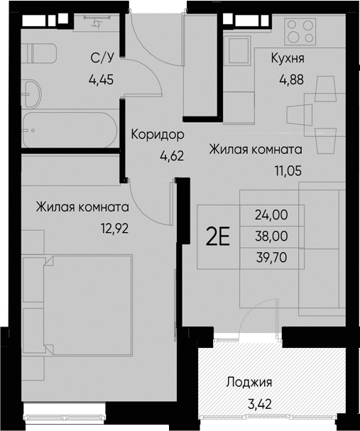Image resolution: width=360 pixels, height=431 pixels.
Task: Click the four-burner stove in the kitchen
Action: click(x=300, y=31)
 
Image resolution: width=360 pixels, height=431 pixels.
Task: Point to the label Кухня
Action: click(x=288, y=59)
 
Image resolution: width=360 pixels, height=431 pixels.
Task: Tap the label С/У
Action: click(x=101, y=59)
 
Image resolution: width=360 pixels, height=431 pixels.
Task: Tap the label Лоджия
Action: click(x=249, y=382)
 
